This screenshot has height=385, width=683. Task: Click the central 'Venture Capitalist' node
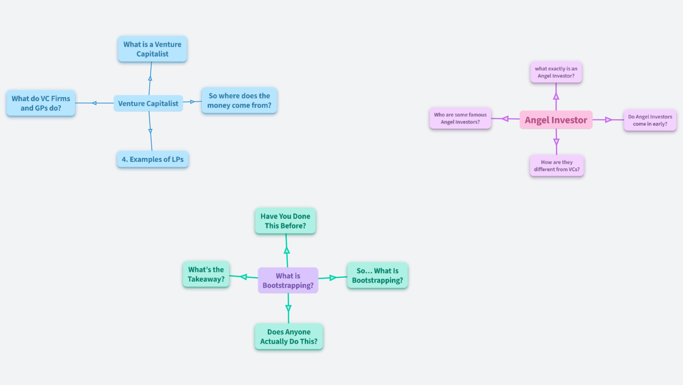(148, 103)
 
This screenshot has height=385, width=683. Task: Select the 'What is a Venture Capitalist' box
(152, 49)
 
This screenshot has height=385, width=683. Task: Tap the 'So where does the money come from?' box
(239, 100)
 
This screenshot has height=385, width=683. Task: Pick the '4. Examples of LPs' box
(153, 159)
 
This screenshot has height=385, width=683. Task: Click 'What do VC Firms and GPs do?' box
(41, 103)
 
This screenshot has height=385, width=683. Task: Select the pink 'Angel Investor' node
(556, 120)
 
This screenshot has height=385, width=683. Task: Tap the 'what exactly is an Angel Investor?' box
(556, 72)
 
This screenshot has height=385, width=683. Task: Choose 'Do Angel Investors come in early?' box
(650, 120)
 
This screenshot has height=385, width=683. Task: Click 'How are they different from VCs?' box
(556, 165)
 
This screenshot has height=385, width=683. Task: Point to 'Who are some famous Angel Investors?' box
(460, 118)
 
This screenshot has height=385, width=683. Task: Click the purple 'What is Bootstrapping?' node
(288, 280)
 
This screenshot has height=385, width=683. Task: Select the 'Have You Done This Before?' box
(285, 221)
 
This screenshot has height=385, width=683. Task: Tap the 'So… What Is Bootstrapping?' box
(377, 275)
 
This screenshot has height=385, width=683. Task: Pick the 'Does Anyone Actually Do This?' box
(289, 336)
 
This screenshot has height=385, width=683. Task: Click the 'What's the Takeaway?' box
(206, 274)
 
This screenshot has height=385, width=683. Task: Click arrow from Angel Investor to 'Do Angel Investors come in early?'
(608, 120)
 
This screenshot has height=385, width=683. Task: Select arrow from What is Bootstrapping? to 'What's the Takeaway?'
(244, 277)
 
